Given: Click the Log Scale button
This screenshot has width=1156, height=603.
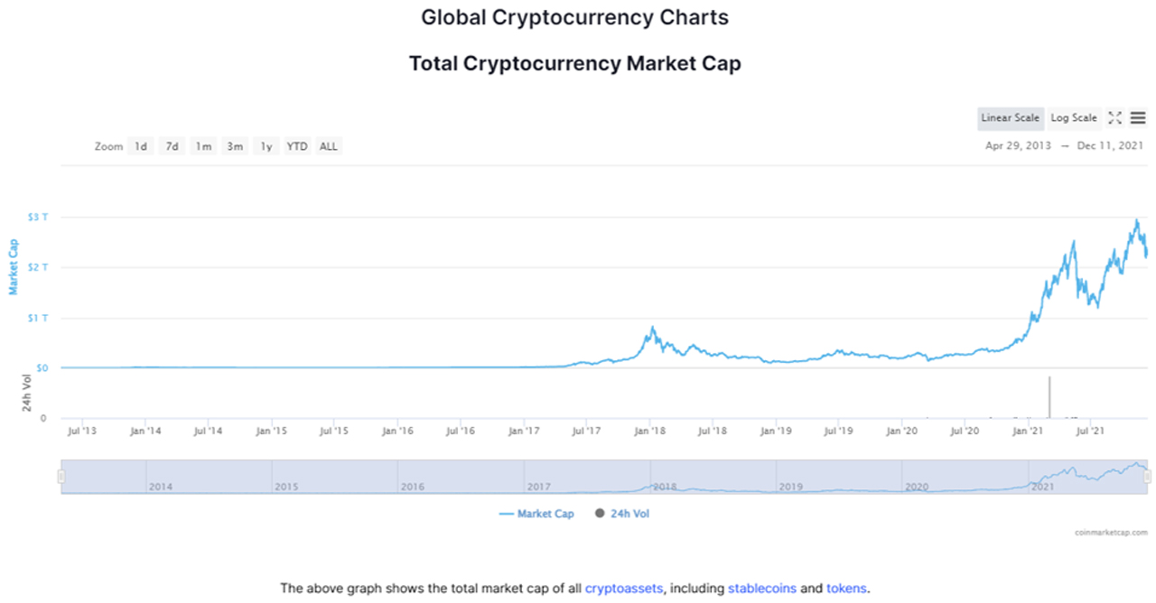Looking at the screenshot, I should tap(1073, 118).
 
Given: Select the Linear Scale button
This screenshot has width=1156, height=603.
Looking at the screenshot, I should tap(1010, 118).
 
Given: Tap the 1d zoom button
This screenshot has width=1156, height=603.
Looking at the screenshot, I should tap(140, 146).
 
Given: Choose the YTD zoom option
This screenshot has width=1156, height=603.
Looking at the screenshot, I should tap(297, 146).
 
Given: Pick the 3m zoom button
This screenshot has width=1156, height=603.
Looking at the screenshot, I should tap(235, 146).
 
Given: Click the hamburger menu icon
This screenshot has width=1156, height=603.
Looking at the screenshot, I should tap(1138, 118).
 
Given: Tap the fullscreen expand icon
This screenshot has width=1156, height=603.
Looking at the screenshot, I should tap(1114, 118).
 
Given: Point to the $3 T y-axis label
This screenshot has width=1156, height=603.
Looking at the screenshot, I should tap(37, 218).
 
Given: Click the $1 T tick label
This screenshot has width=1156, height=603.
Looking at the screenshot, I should tap(37, 318).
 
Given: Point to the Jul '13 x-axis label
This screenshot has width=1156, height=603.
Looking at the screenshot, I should tap(82, 431).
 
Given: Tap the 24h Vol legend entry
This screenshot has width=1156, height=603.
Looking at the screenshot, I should tap(622, 514).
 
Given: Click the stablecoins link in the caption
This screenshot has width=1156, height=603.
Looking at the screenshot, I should tap(762, 589).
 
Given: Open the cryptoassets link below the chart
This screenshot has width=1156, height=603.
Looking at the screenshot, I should tap(624, 589).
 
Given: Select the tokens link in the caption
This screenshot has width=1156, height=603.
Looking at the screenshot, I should tap(846, 589).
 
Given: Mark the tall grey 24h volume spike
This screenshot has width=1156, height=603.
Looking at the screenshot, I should tap(1049, 397).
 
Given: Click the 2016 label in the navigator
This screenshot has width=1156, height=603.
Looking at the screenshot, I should tap(413, 487).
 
